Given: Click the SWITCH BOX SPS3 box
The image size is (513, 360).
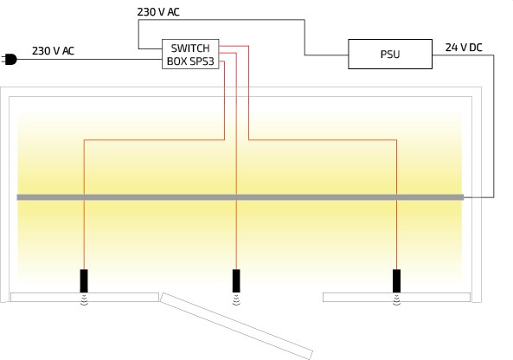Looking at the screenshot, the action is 190,54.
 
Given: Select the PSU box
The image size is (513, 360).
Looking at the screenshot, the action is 390,54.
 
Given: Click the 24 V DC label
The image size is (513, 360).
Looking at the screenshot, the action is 464,48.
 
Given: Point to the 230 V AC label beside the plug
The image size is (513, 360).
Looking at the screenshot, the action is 53,51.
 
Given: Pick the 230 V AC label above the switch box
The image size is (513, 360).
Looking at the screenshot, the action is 158,12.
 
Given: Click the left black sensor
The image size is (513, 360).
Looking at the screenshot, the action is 84,280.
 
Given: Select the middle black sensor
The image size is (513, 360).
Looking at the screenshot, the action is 236,280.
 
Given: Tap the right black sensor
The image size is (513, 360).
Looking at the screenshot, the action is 396,280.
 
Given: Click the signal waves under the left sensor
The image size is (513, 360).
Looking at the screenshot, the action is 84,299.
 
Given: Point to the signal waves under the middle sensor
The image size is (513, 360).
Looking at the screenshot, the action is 236,299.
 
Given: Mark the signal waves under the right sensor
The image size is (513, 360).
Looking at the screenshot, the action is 396,299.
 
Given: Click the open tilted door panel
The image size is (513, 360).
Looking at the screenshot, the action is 236,326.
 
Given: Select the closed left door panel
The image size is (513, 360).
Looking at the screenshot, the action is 85,297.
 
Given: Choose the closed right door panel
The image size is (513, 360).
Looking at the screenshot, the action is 396,297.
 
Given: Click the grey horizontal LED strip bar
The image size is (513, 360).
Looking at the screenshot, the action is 240,197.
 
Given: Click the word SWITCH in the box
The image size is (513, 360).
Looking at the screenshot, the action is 190,48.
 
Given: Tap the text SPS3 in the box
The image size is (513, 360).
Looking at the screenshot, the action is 202,61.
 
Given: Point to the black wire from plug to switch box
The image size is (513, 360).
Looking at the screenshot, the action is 89,60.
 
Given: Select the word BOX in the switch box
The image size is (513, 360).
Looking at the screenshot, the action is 176,61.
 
